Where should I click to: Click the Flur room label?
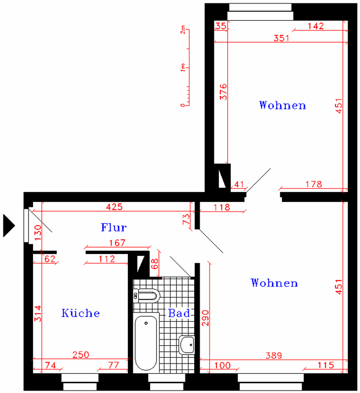[114, 227]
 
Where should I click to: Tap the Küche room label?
[81, 313]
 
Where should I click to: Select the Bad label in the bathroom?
[179, 313]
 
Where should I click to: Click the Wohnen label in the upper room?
[282, 105]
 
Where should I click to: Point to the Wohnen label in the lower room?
[274, 282]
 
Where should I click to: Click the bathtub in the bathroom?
[146, 342]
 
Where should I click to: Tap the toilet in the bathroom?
[146, 296]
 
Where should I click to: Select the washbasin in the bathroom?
[187, 345]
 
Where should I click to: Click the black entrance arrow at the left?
[9, 225]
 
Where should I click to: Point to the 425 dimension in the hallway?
[115, 207]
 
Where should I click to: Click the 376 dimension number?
[223, 92]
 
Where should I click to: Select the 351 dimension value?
[281, 38]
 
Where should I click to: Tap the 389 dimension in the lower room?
[274, 355]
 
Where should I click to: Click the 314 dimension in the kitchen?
[38, 313]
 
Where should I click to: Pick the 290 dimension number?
[205, 318]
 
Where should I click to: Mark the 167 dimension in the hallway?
[117, 243]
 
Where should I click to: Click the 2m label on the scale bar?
[183, 29]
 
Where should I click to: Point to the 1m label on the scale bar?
[183, 67]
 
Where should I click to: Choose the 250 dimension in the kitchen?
[81, 355]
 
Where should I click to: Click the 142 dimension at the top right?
[316, 26]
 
